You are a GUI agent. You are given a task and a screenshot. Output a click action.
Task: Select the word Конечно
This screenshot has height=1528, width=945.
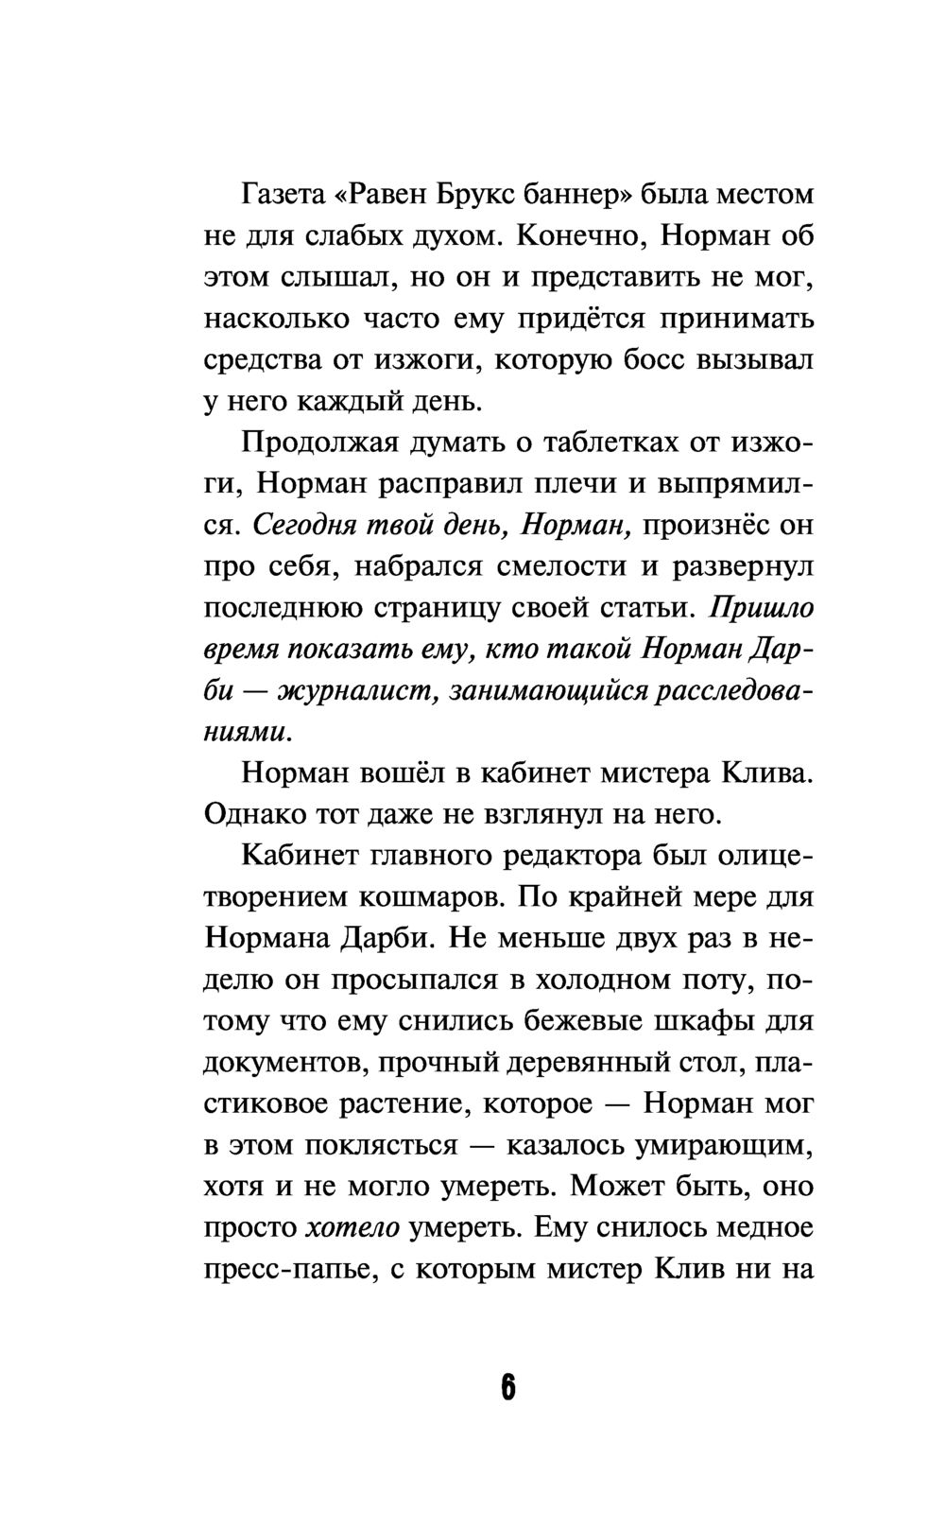pyautogui.click(x=581, y=236)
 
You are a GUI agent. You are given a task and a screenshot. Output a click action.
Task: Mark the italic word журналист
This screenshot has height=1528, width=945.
pyautogui.click(x=358, y=690)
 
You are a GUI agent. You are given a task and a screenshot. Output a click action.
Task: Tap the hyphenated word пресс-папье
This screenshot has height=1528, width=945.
pyautogui.click(x=284, y=1270)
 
